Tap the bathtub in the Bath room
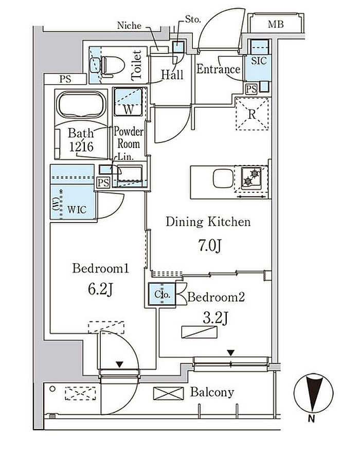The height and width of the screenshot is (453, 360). (x=81, y=104)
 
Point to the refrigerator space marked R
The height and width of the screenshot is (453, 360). (x=252, y=114)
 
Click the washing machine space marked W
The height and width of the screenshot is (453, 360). (x=128, y=102)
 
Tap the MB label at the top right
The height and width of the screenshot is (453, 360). (x=276, y=24)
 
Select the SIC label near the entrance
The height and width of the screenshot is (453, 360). (x=259, y=61)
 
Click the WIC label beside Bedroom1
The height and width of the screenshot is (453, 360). (x=77, y=209)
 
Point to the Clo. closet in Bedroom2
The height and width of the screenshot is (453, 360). (x=162, y=294)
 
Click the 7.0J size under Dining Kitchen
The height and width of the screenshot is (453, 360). (x=210, y=246)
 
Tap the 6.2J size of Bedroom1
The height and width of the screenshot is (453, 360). (x=100, y=289)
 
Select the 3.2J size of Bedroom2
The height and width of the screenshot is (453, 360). (x=215, y=319)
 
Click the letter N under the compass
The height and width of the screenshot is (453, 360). (x=311, y=418)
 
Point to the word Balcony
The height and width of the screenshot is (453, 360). (x=212, y=393)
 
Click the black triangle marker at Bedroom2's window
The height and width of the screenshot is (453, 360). (x=230, y=353)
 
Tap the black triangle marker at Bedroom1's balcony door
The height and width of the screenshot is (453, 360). (x=119, y=365)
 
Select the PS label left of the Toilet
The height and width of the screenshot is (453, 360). (x=65, y=79)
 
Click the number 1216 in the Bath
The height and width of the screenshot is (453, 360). (x=81, y=147)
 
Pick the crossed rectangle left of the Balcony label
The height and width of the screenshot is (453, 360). (x=169, y=393)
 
